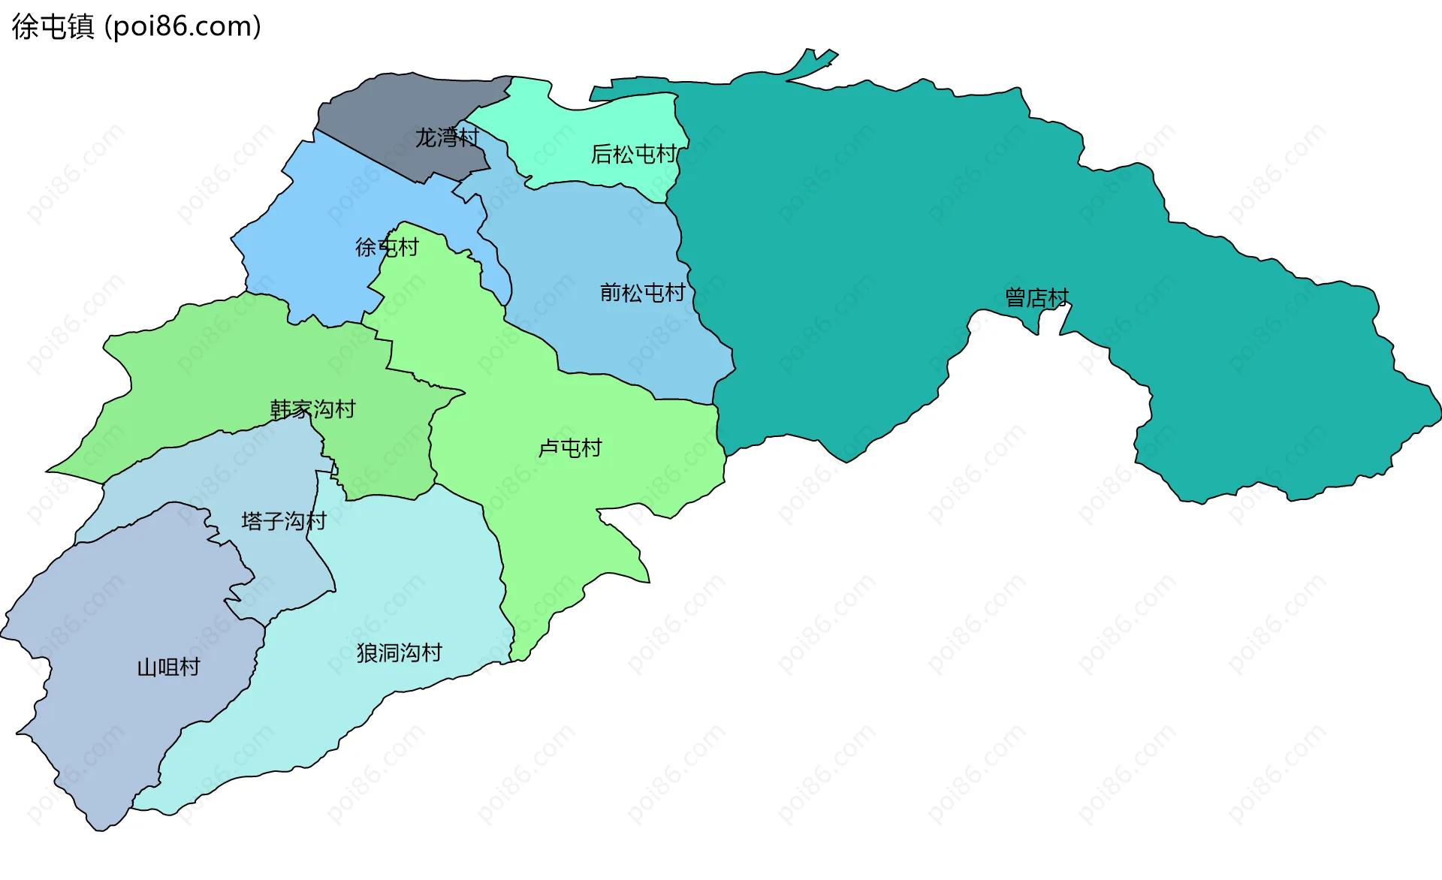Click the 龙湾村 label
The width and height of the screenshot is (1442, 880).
pyautogui.click(x=447, y=137)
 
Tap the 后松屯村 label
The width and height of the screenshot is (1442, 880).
pyautogui.click(x=634, y=154)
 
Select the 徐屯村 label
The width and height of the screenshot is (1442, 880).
pyautogui.click(x=387, y=247)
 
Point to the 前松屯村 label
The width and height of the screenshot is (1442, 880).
pyautogui.click(x=643, y=292)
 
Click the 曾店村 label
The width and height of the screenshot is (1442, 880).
pyautogui.click(x=1036, y=297)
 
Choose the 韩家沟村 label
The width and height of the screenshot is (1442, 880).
pyautogui.click(x=312, y=409)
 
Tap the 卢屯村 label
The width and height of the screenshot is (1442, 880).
pyautogui.click(x=570, y=448)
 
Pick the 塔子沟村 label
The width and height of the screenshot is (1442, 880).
pyautogui.click(x=284, y=521)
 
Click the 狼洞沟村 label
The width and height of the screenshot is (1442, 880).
pyautogui.click(x=400, y=652)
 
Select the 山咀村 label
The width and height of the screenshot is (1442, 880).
pyautogui.click(x=168, y=667)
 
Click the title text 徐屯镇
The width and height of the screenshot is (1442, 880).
pyautogui.click(x=53, y=27)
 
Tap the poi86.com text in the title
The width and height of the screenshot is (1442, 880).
pyautogui.click(x=183, y=27)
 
